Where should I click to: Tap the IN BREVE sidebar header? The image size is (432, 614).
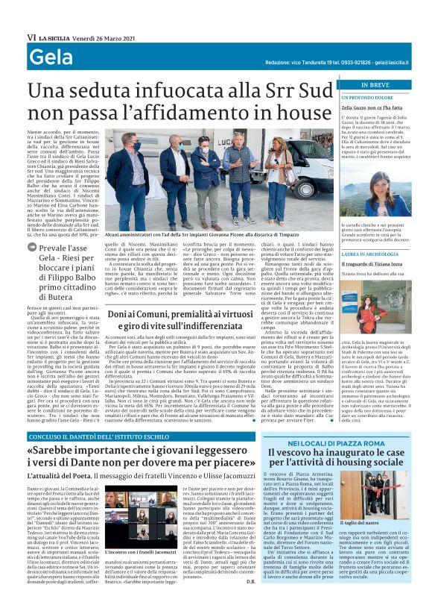click(374, 85)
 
